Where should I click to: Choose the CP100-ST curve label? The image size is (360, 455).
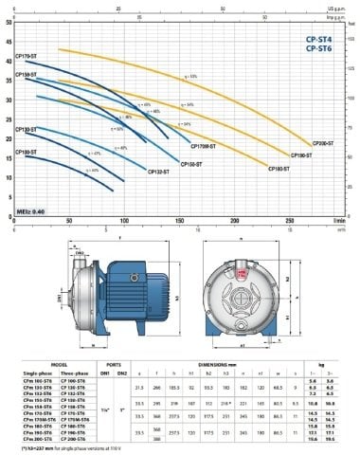(27, 151)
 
